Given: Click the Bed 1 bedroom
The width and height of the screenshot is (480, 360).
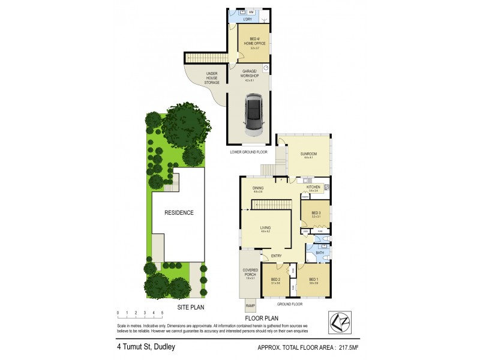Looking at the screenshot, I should [x=313, y=280].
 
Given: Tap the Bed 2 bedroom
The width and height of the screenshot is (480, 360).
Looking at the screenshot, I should [x=276, y=281].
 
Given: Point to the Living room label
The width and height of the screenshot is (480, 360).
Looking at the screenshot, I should [x=265, y=229].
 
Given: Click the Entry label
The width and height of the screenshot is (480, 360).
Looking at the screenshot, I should [x=276, y=257].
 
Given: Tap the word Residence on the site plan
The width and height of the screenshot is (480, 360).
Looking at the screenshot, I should [x=179, y=212].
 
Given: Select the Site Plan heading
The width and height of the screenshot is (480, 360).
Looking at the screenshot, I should [x=191, y=308].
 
